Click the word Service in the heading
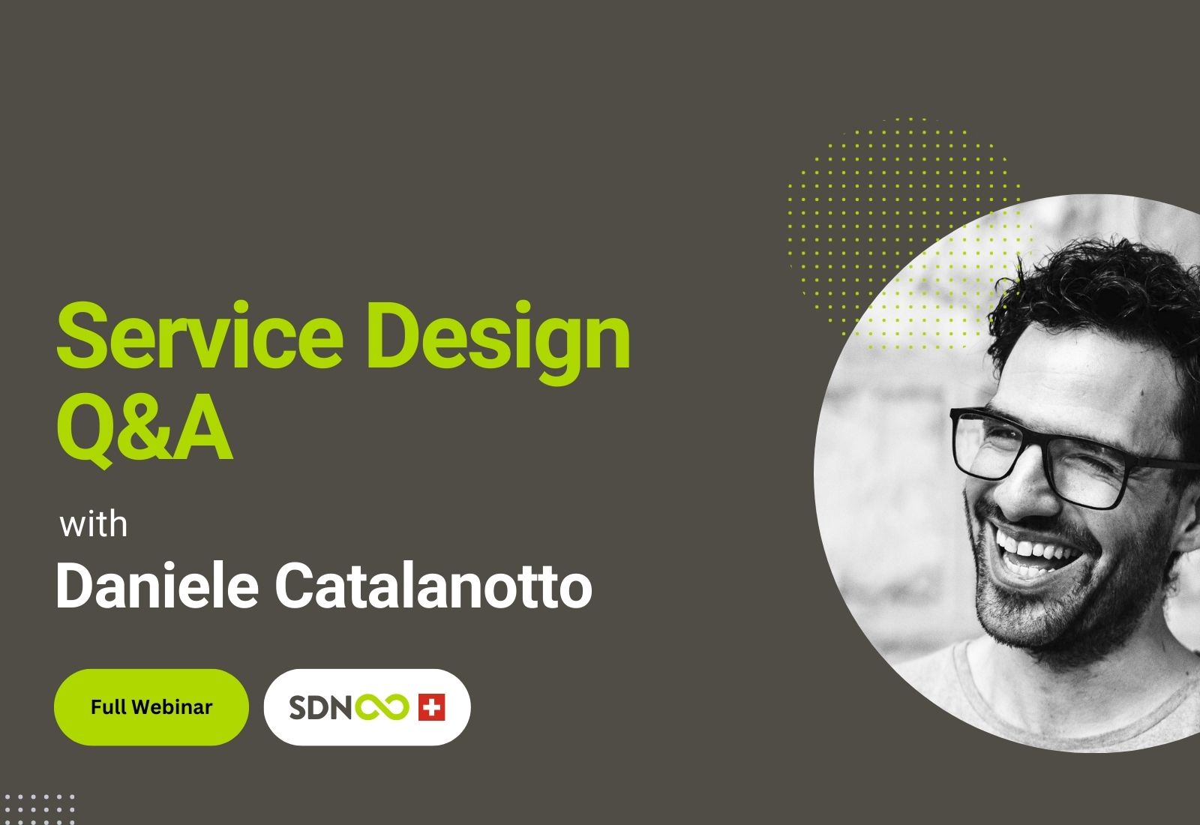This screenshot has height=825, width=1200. [199, 334]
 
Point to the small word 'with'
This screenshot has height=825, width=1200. [93, 524]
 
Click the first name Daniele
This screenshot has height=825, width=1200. [157, 586]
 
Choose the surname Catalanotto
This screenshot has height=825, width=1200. [433, 586]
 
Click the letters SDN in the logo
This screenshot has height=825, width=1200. [319, 707]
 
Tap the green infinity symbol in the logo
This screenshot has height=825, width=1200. [382, 707]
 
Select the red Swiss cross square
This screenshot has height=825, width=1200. [432, 707]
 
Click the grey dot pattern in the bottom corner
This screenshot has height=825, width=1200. [37, 810]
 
